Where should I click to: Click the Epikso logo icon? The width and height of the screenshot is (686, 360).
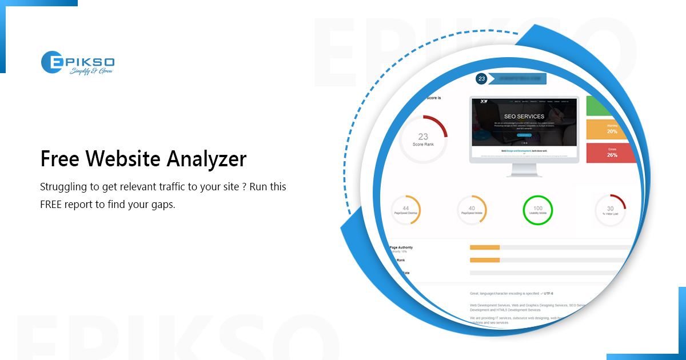tap(53, 63)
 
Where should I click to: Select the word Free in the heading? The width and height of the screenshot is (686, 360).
tap(59, 159)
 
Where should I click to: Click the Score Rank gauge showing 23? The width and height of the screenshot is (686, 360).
tap(423, 139)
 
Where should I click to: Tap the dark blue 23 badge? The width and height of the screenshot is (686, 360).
tap(481, 79)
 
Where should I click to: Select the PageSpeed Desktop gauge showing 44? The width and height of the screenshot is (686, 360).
tap(405, 210)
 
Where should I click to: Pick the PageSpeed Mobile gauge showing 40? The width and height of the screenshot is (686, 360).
tap(472, 210)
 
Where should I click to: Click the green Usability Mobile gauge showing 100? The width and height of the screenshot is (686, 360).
tap(538, 210)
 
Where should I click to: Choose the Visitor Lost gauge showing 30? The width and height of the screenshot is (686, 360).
tap(610, 211)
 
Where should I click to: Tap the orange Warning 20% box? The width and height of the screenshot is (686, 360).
tap(611, 129)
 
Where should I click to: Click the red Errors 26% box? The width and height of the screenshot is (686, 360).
tap(611, 153)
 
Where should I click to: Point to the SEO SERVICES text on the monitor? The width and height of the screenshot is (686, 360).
tap(520, 117)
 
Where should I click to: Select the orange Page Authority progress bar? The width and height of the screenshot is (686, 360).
tap(485, 247)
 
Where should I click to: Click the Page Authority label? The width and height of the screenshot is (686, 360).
tap(401, 248)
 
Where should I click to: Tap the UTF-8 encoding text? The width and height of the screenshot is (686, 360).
tap(548, 293)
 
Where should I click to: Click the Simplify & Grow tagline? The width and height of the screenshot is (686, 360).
tap(91, 71)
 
